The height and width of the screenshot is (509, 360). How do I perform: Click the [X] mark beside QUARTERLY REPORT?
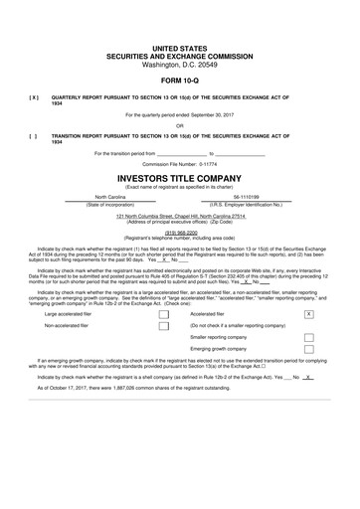point(34,98)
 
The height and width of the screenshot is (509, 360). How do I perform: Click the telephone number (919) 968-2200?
point(180,233)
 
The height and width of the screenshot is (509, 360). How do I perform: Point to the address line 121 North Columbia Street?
point(180,216)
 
